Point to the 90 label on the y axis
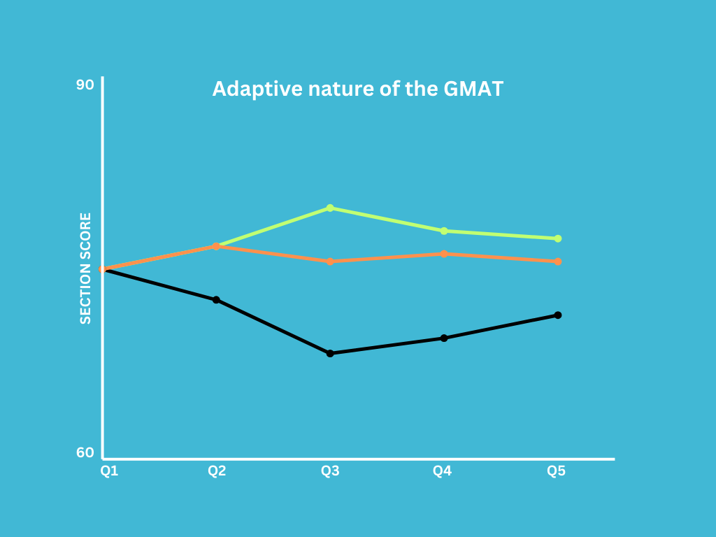(85, 85)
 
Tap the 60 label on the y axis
(85, 453)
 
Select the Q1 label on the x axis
(109, 471)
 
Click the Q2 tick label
(217, 471)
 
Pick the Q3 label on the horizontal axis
(330, 471)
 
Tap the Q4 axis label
(442, 471)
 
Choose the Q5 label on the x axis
(556, 471)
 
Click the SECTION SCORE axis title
(85, 268)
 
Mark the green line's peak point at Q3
(330, 208)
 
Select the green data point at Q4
(444, 231)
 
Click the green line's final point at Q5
(558, 238)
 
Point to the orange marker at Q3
(330, 262)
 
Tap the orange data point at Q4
(444, 254)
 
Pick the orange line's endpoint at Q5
(558, 262)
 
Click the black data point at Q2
(216, 300)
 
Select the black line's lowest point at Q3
(330, 353)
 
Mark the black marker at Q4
(444, 338)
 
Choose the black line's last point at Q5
(558, 315)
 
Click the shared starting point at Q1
(103, 269)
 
